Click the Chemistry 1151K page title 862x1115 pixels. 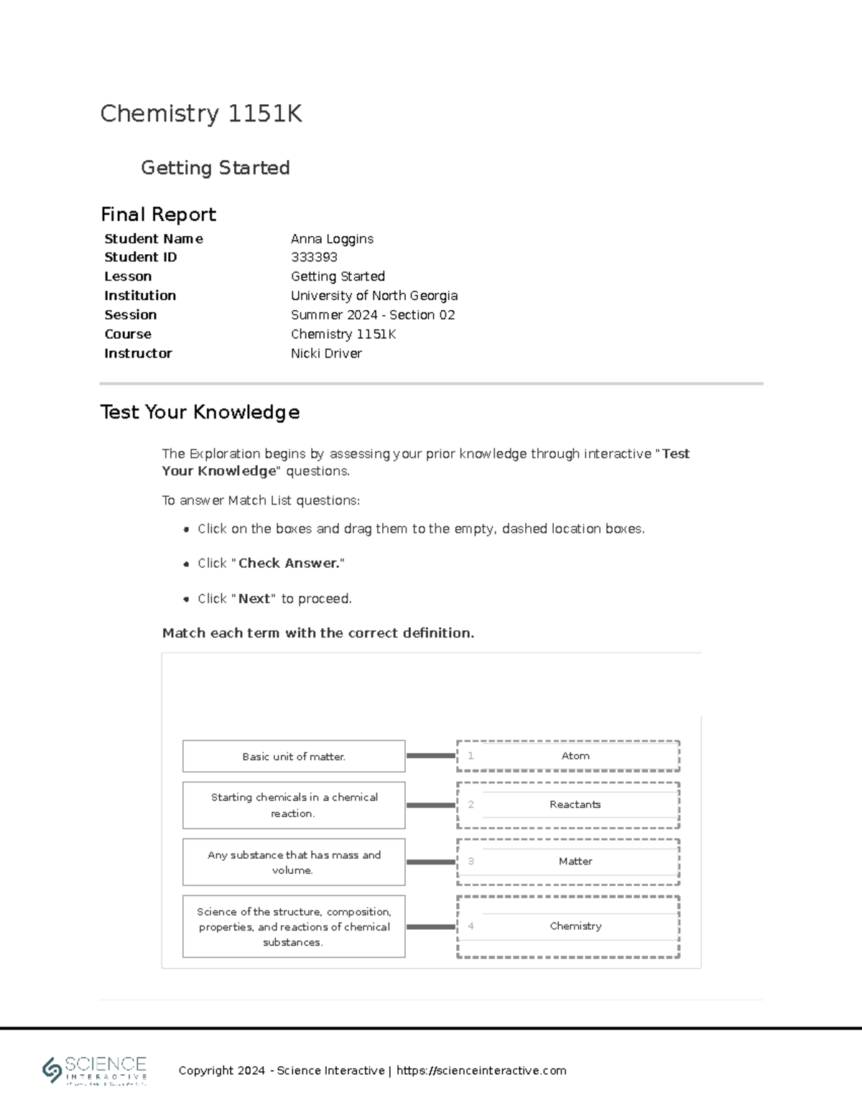click(x=201, y=113)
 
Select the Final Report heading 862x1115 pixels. click(x=158, y=214)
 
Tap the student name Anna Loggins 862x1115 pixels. click(x=332, y=238)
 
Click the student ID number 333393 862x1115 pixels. click(x=314, y=257)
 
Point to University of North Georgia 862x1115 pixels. click(x=374, y=295)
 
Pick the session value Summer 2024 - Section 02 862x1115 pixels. click(x=373, y=314)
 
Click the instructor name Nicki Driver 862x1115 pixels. click(x=326, y=353)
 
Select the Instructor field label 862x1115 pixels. click(x=138, y=353)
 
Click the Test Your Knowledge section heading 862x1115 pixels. click(x=200, y=412)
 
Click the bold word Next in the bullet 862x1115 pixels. click(x=254, y=599)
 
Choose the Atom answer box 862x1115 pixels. click(x=575, y=756)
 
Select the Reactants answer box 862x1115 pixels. click(x=575, y=805)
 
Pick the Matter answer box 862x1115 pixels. click(x=575, y=861)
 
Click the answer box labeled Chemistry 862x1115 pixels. click(x=575, y=926)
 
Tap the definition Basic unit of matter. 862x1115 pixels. click(x=294, y=757)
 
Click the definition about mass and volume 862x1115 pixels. click(x=294, y=862)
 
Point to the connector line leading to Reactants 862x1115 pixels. click(x=430, y=806)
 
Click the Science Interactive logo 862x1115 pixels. click(x=95, y=1070)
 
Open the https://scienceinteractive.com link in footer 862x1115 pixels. click(x=481, y=1070)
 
